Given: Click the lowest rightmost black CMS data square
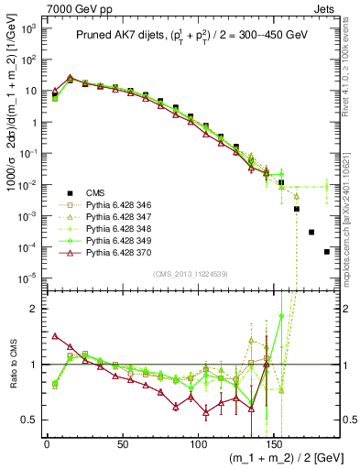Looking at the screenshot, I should point(326,252).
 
